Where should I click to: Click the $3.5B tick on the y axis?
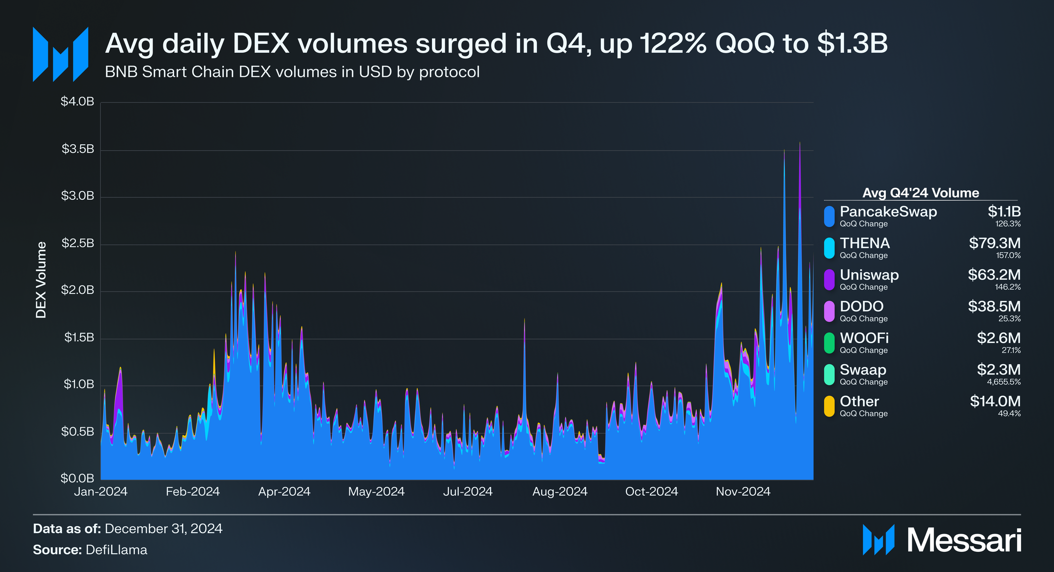click(x=78, y=149)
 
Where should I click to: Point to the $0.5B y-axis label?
click(x=77, y=432)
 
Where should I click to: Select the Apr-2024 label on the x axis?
click(x=284, y=491)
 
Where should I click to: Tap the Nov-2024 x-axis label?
click(x=743, y=491)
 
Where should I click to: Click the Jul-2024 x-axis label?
click(x=467, y=491)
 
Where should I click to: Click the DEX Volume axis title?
click(x=41, y=280)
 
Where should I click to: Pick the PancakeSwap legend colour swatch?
click(x=830, y=217)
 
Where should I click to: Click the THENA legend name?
click(x=865, y=243)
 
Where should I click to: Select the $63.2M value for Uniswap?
click(x=994, y=275)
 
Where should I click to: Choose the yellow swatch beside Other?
click(x=830, y=406)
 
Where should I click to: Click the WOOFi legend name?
click(x=864, y=338)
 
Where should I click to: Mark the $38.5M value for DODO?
click(x=994, y=306)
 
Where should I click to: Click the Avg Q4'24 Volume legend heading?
click(x=921, y=193)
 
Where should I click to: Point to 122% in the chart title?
click(x=674, y=43)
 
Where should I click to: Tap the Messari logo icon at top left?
click(x=61, y=54)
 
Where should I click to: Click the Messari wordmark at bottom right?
click(x=964, y=540)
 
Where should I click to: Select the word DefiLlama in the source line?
click(x=116, y=550)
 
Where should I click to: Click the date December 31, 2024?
click(x=163, y=529)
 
